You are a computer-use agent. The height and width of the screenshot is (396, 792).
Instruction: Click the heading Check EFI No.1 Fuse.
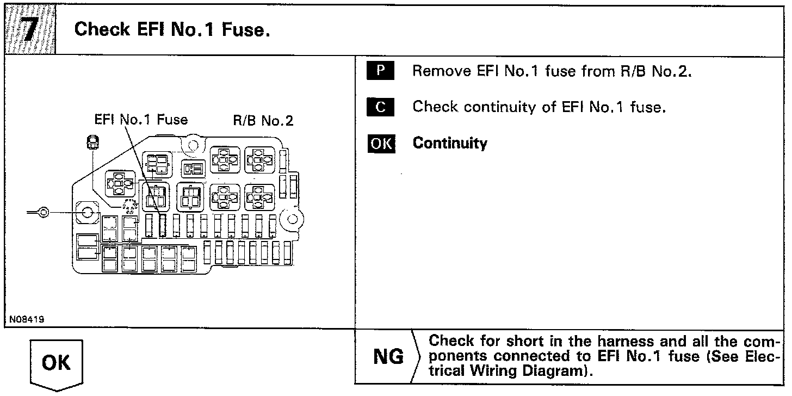pyautogui.click(x=172, y=29)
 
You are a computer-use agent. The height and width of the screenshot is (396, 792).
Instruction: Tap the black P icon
pyautogui.click(x=380, y=71)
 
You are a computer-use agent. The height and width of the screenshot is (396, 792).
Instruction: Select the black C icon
pyautogui.click(x=380, y=107)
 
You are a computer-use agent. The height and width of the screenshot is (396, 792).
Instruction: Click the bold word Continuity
pyautogui.click(x=450, y=143)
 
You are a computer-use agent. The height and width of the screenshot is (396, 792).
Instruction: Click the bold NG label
pyautogui.click(x=389, y=357)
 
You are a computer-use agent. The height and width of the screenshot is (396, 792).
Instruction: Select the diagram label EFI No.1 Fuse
pyautogui.click(x=141, y=120)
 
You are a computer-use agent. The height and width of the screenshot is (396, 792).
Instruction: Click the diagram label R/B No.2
pyautogui.click(x=263, y=120)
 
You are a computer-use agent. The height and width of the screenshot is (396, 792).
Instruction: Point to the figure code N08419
pyautogui.click(x=26, y=319)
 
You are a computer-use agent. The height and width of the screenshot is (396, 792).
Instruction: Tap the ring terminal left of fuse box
pyautogui.click(x=42, y=212)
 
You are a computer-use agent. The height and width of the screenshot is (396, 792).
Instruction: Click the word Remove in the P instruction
pyautogui.click(x=433, y=71)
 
